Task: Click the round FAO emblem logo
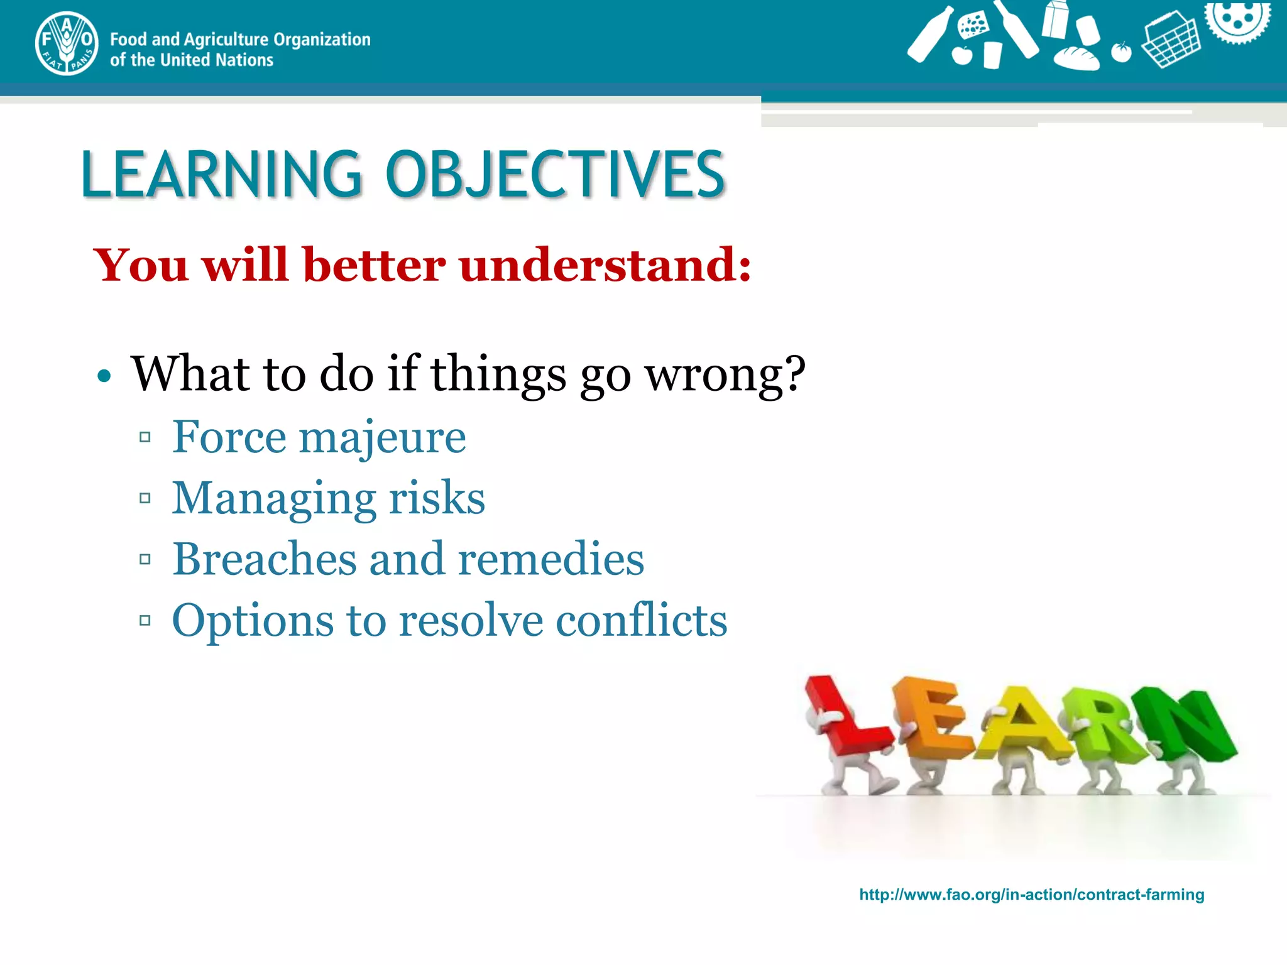pyautogui.click(x=67, y=43)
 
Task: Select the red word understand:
pyautogui.click(x=605, y=264)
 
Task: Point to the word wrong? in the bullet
pyautogui.click(x=726, y=374)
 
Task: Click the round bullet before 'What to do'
pyautogui.click(x=104, y=376)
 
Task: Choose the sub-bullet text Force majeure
pyautogui.click(x=319, y=437)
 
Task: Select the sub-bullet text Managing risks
pyautogui.click(x=329, y=498)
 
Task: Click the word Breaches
pyautogui.click(x=265, y=558)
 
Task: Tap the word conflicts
pyautogui.click(x=642, y=619)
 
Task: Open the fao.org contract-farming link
pyautogui.click(x=1032, y=895)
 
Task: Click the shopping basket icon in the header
pyautogui.click(x=1171, y=39)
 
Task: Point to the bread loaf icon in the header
pyautogui.click(x=1076, y=58)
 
